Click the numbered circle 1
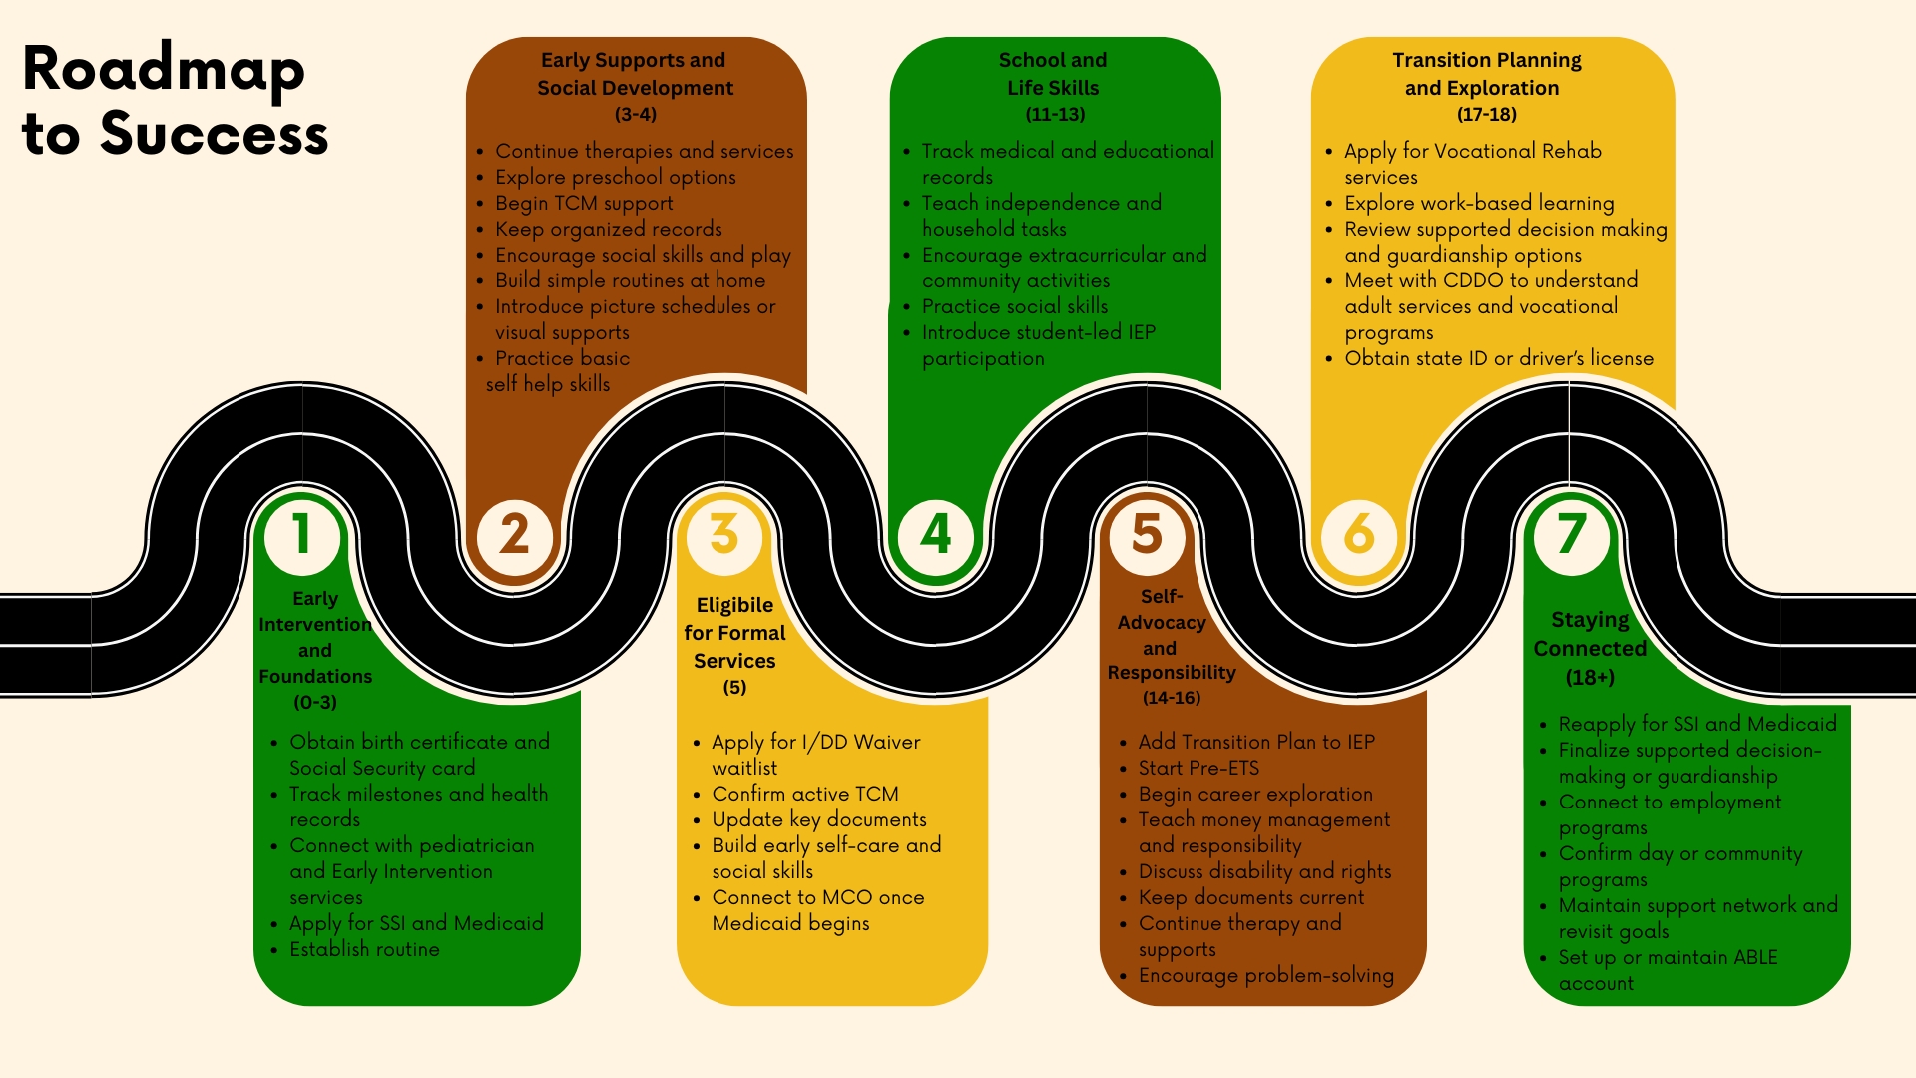tap(302, 536)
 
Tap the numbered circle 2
tap(514, 536)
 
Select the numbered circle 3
tap(724, 536)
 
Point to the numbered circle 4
tap(936, 536)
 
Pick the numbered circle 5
tap(1148, 536)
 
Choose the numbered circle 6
tap(1359, 536)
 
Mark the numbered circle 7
tap(1572, 536)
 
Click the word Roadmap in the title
tap(164, 70)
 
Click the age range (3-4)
tap(636, 114)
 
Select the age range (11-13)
tap(1055, 114)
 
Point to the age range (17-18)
tap(1486, 114)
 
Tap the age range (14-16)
tap(1172, 698)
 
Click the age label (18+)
tap(1590, 677)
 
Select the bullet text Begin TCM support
tap(584, 203)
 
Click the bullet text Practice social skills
tap(1014, 306)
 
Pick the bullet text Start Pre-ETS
tap(1198, 768)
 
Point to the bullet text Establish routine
tap(364, 949)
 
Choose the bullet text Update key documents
tap(818, 819)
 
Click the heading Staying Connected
tap(1590, 634)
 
